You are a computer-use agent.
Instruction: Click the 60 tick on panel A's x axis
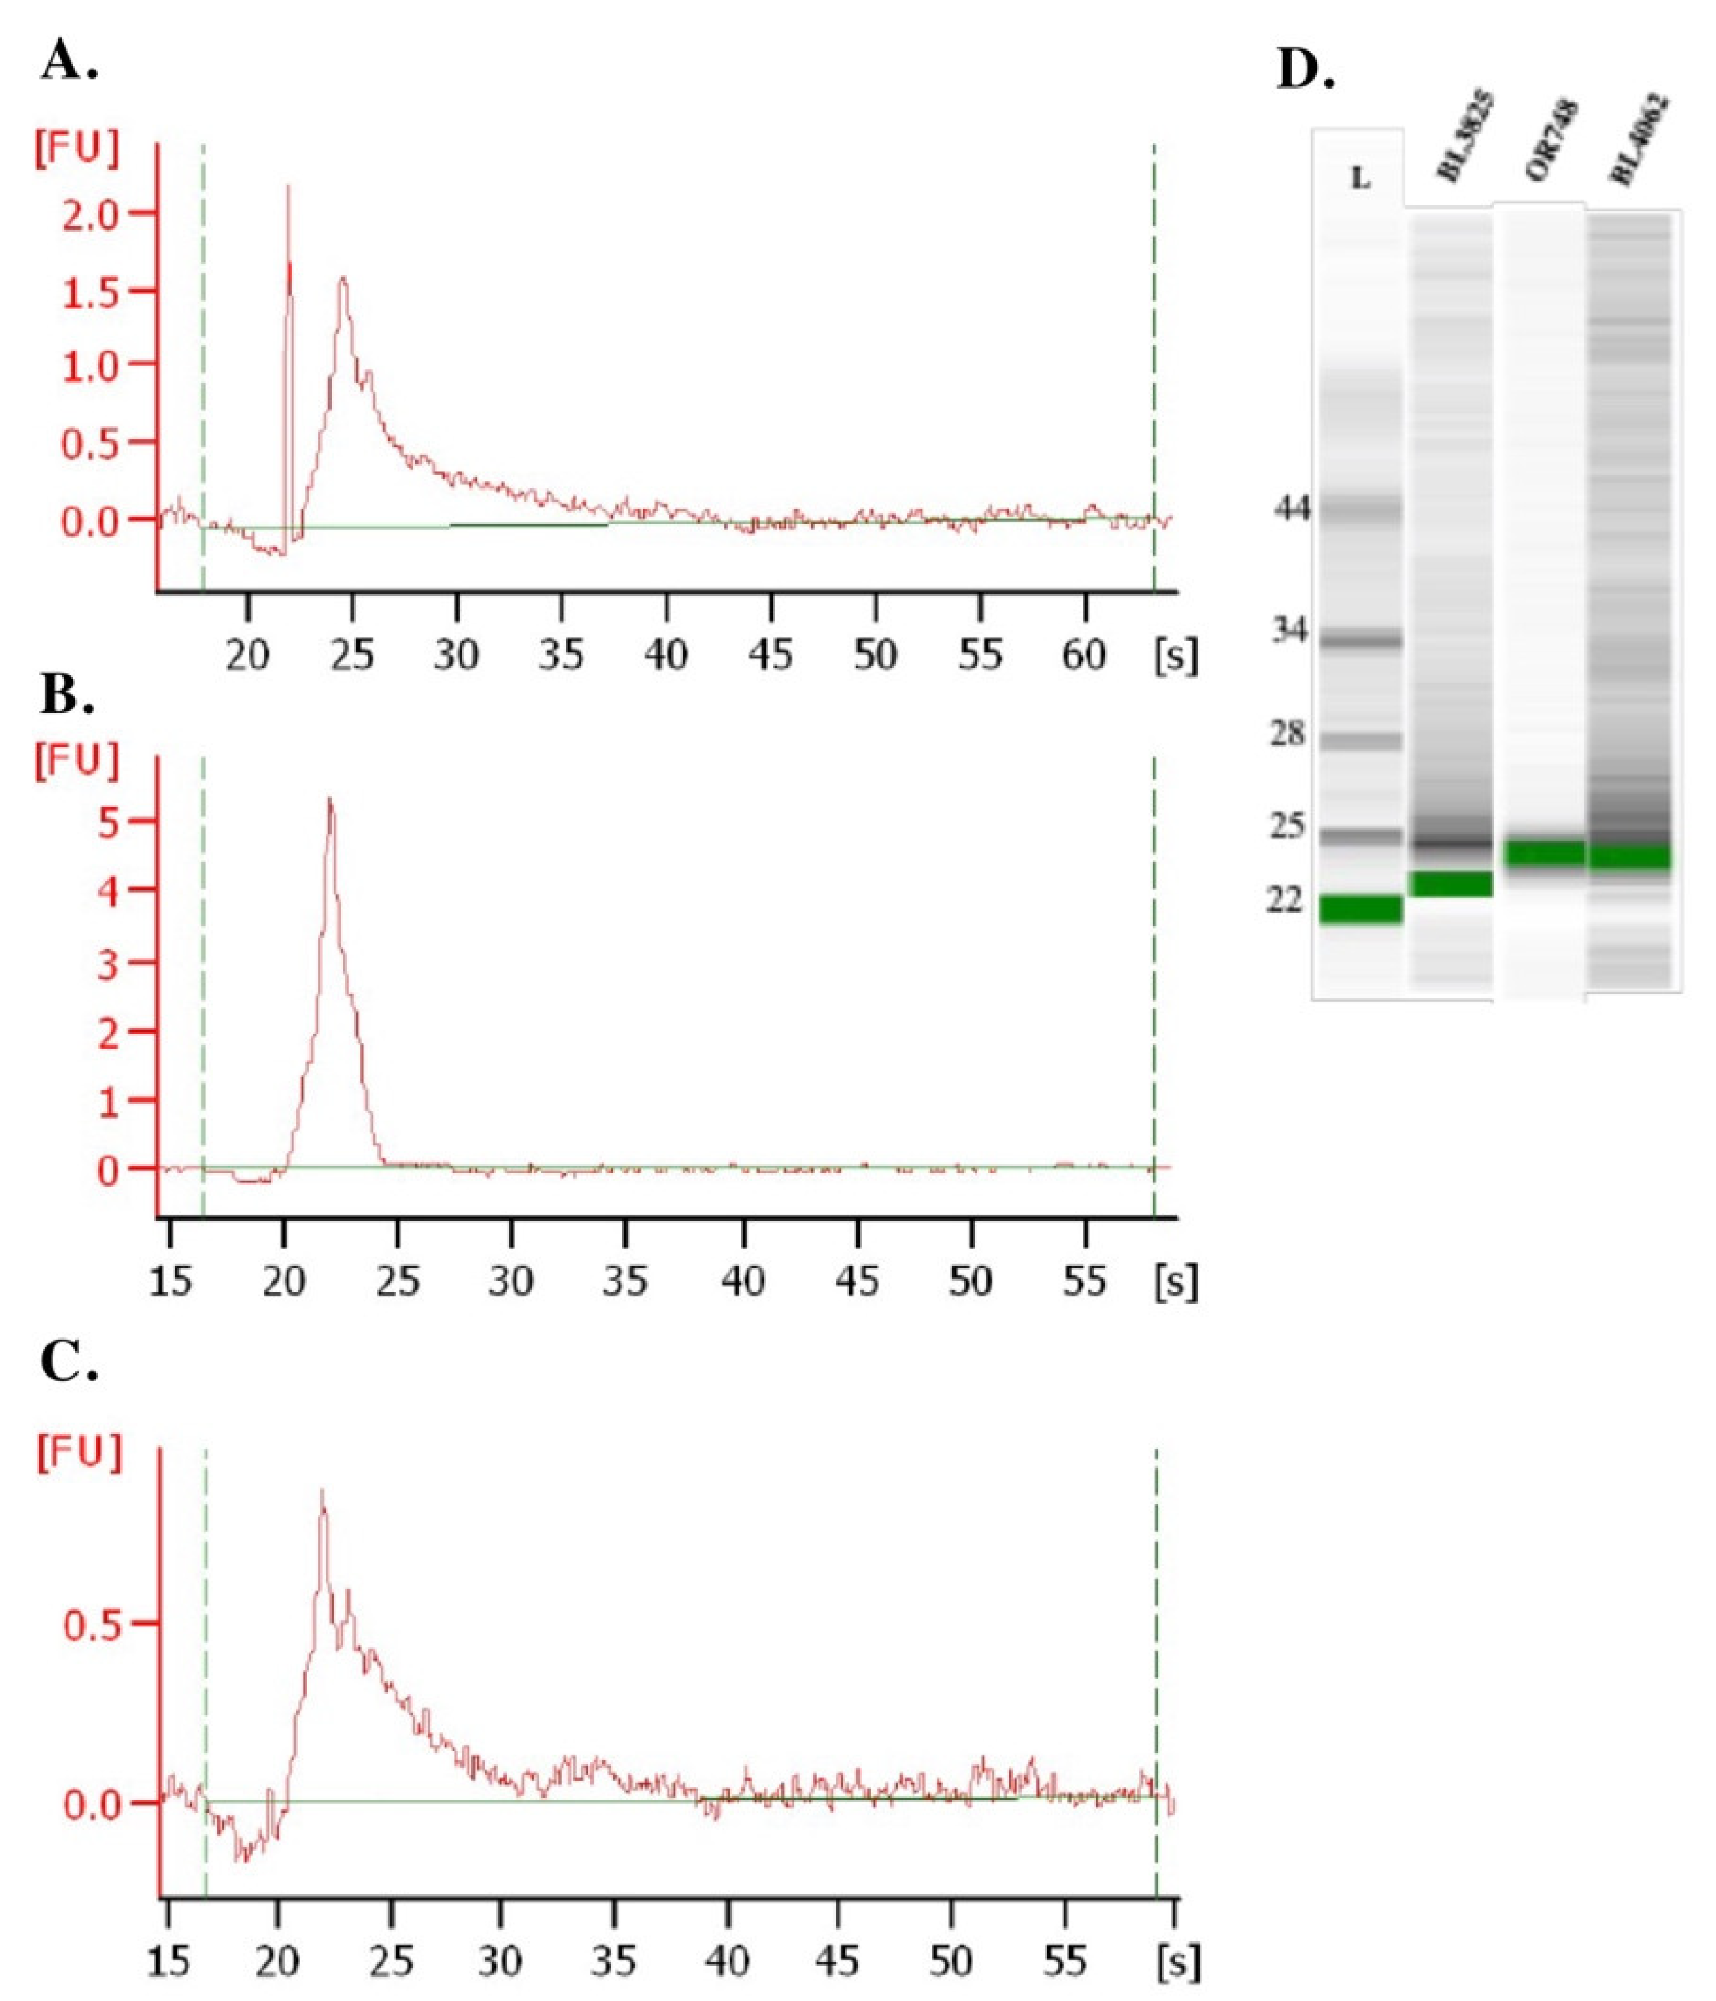tap(1083, 656)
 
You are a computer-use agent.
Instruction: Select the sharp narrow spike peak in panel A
tap(288, 188)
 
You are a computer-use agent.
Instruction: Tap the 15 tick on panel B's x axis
tap(170, 1281)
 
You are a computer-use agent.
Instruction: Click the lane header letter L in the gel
tap(1360, 178)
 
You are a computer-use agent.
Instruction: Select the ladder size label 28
tap(1287, 734)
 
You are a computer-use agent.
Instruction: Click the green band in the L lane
tap(1360, 908)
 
